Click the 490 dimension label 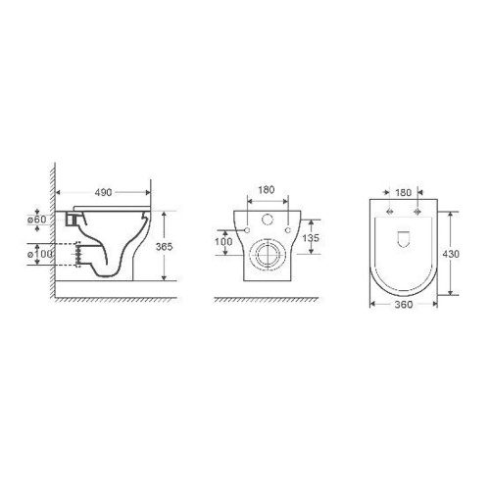103,192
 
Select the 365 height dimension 164,246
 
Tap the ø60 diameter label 37,220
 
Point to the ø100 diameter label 39,254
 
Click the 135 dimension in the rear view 311,238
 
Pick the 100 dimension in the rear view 223,242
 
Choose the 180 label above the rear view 267,189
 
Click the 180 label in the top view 404,193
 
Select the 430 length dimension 451,254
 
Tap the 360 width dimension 404,305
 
